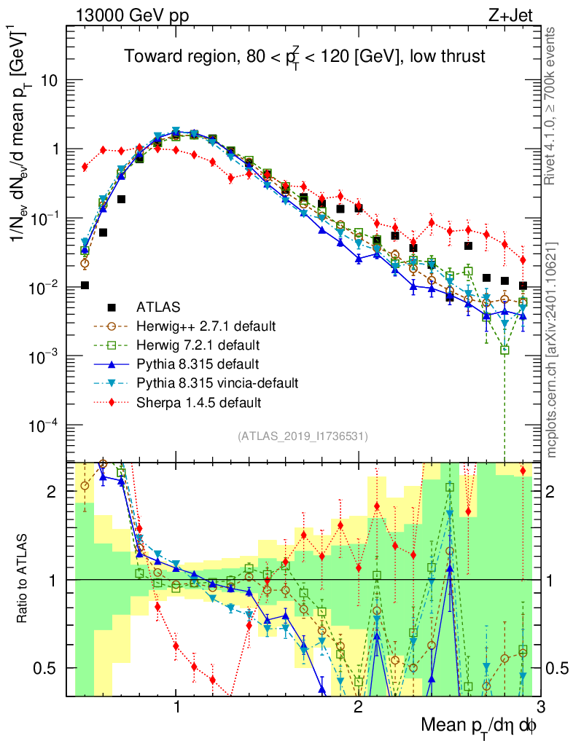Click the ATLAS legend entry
click(160, 306)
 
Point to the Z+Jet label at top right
click(521, 15)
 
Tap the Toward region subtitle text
click(304, 57)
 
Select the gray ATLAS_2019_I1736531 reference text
click(303, 436)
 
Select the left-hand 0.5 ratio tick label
click(50, 668)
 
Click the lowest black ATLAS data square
click(85, 285)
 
